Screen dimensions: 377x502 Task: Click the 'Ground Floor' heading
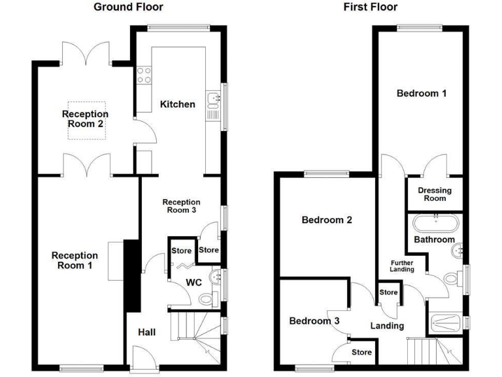point(128,7)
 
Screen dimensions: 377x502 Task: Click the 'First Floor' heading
point(370,7)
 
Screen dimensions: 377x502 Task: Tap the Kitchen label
point(178,104)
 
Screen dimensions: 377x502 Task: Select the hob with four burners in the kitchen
point(144,75)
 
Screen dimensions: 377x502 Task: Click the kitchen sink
point(213,100)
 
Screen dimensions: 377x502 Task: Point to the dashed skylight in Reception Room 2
point(85,120)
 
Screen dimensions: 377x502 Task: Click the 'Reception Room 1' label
point(75,260)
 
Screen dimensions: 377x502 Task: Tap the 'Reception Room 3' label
point(181,206)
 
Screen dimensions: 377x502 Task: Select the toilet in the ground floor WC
point(206,298)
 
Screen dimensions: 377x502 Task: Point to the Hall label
point(146,332)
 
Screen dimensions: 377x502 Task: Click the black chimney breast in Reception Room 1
point(132,276)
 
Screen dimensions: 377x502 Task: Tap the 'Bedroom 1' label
point(422,94)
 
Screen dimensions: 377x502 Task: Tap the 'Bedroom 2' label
point(327,220)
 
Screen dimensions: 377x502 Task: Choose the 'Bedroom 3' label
point(314,321)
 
